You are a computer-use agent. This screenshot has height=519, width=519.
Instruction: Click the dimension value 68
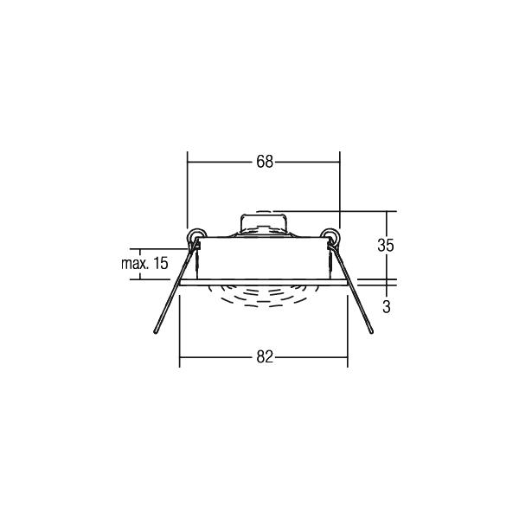265,162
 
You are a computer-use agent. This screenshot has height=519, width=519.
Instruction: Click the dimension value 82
265,357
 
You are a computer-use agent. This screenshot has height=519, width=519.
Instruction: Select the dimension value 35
386,246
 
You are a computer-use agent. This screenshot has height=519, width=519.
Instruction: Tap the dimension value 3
387,307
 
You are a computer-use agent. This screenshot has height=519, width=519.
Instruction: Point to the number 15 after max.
161,264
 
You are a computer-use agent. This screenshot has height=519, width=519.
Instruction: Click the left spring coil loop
196,236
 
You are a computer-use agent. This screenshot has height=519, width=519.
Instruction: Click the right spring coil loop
330,236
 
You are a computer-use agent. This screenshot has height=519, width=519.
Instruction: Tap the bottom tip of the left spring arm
155,331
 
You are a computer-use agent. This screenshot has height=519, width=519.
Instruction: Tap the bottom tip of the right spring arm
371,331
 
